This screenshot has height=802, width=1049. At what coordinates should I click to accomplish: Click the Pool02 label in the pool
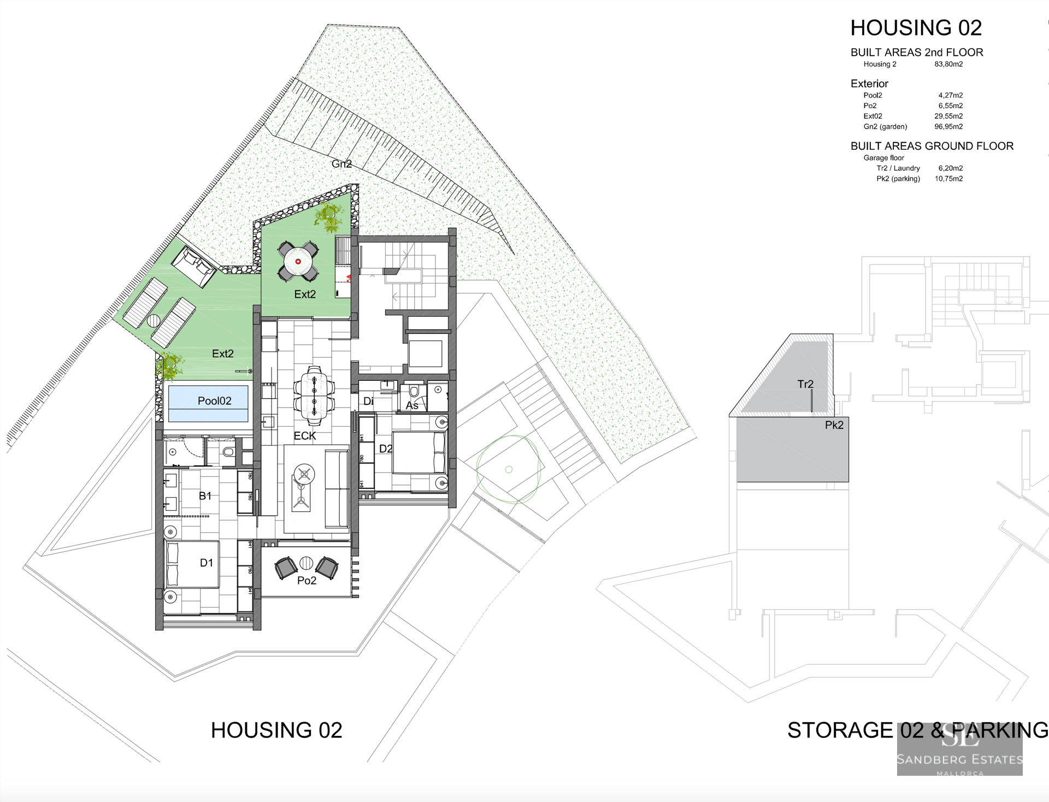point(214,401)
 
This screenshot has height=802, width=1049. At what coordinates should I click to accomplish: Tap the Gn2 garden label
point(341,164)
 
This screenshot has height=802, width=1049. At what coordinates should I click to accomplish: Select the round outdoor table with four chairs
point(298,261)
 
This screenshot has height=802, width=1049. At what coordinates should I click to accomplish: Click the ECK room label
point(305,435)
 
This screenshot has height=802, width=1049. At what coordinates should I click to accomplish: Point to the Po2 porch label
point(307,581)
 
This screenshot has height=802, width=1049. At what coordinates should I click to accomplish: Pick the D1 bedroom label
point(207,563)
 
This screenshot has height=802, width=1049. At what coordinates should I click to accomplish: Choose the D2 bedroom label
point(386,449)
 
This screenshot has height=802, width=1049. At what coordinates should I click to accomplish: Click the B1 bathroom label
point(205,496)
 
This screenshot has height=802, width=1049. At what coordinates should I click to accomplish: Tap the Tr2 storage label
point(805,384)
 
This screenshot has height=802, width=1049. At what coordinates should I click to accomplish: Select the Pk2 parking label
point(834,425)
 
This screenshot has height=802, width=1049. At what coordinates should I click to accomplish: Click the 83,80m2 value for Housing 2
point(948,64)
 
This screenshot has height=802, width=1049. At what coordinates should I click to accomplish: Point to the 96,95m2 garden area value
point(948,127)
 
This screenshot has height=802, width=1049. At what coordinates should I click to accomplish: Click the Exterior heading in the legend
point(869,84)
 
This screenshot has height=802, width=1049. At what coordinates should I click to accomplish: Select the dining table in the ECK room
point(314,396)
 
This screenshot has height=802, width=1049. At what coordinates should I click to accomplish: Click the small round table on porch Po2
point(306,563)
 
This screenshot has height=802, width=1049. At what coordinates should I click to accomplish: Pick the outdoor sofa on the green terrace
point(193,267)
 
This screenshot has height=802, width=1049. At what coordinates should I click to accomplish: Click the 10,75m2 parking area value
point(948,179)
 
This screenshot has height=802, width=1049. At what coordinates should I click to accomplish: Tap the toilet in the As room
point(414,392)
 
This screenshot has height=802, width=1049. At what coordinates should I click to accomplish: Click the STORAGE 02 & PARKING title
point(917,730)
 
